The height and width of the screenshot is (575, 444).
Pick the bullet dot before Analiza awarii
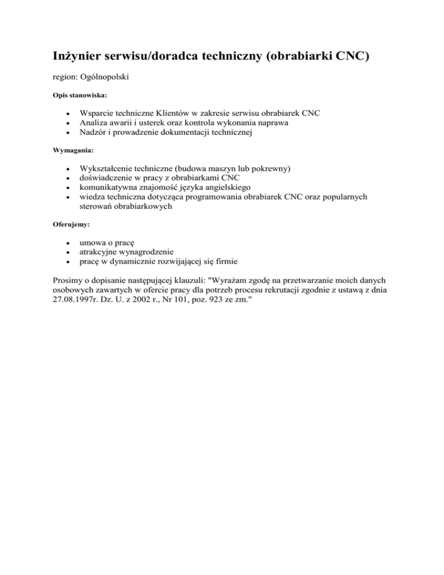(68, 122)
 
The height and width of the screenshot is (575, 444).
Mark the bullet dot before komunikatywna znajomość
(68, 189)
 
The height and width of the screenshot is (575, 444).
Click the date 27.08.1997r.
(69, 301)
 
